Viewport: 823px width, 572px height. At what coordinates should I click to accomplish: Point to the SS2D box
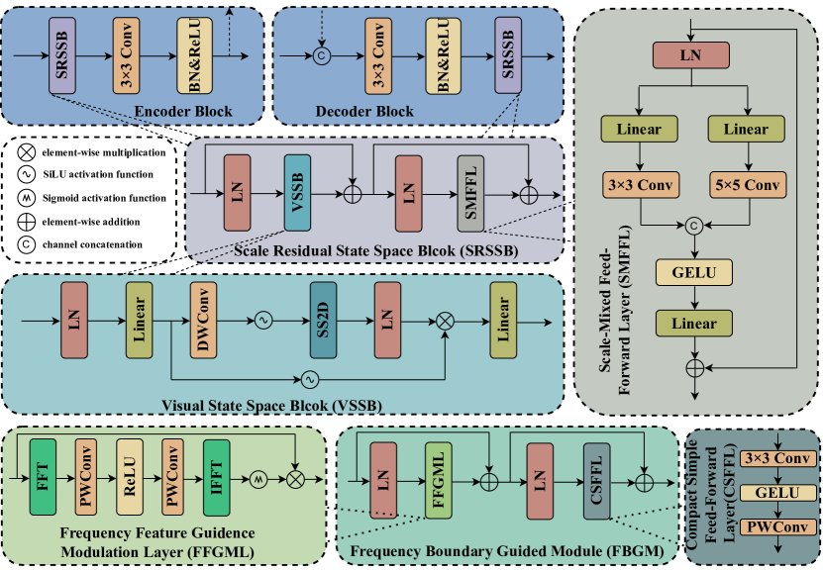click(323, 320)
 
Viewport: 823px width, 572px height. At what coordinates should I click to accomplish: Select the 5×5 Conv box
click(746, 185)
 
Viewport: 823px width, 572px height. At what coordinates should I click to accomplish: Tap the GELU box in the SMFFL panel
click(692, 271)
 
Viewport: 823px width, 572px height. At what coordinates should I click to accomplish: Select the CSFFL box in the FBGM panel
click(596, 480)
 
